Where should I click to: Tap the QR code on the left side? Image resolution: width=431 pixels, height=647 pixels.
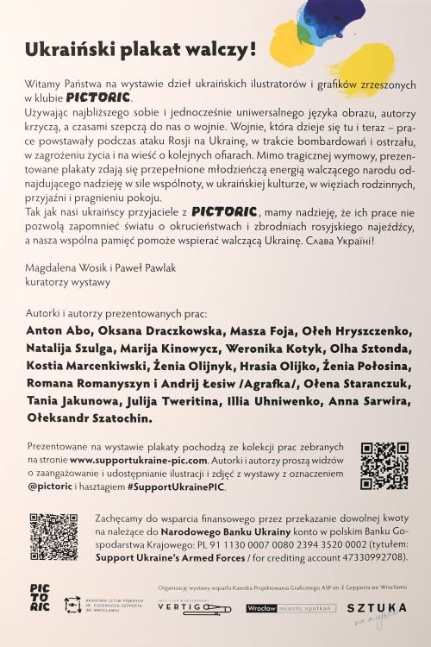[x=53, y=535]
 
